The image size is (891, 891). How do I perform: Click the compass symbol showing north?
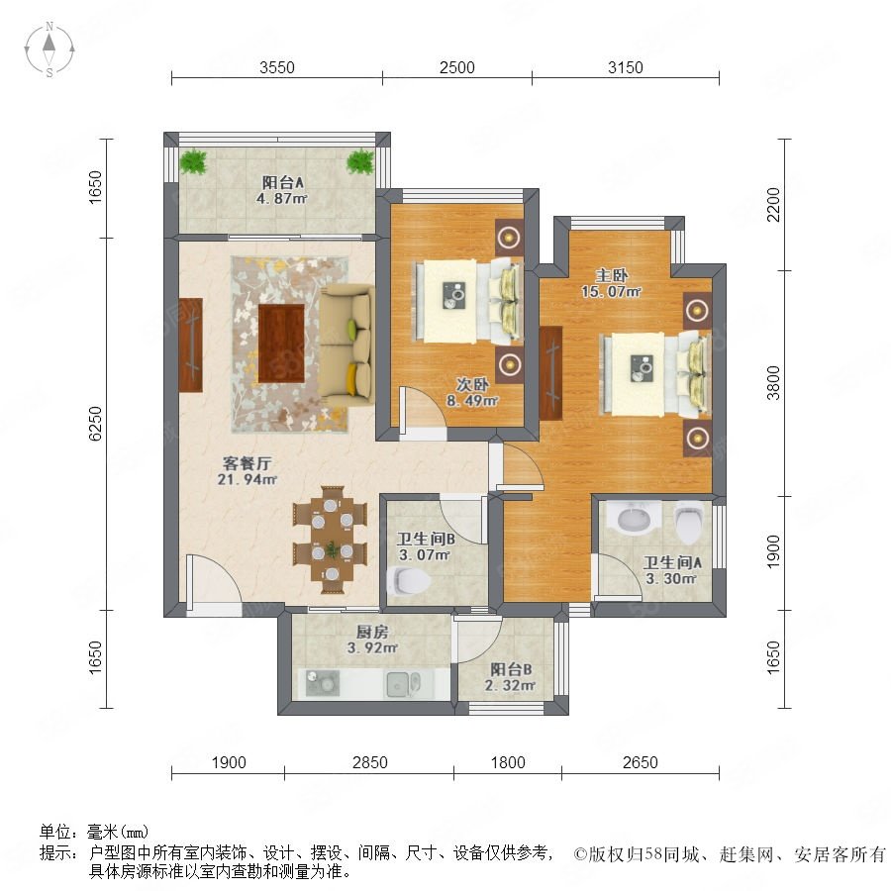pyautogui.click(x=49, y=49)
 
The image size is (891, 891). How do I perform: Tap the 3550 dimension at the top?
pyautogui.click(x=277, y=67)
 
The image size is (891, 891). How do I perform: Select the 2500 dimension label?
pyautogui.click(x=456, y=67)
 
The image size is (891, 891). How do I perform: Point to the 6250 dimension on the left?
pyautogui.click(x=95, y=424)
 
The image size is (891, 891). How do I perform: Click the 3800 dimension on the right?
pyautogui.click(x=773, y=383)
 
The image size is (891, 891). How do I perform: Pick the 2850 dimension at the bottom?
pyautogui.click(x=369, y=762)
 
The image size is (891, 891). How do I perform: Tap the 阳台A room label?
pyautogui.click(x=282, y=182)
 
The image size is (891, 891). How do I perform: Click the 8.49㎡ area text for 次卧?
pyautogui.click(x=472, y=401)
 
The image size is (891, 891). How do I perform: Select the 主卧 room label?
pyautogui.click(x=612, y=275)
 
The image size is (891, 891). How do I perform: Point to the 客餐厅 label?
pyautogui.click(x=247, y=463)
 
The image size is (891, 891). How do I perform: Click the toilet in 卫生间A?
pyautogui.click(x=688, y=522)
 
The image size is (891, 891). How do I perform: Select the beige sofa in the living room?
pyautogui.click(x=346, y=346)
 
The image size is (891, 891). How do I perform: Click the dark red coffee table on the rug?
pyautogui.click(x=281, y=344)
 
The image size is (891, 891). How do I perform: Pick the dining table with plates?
pyautogui.click(x=330, y=540)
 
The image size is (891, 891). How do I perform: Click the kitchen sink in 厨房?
pyautogui.click(x=404, y=684)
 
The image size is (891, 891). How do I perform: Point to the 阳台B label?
pyautogui.click(x=511, y=669)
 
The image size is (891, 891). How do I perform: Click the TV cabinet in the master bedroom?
pyautogui.click(x=551, y=373)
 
